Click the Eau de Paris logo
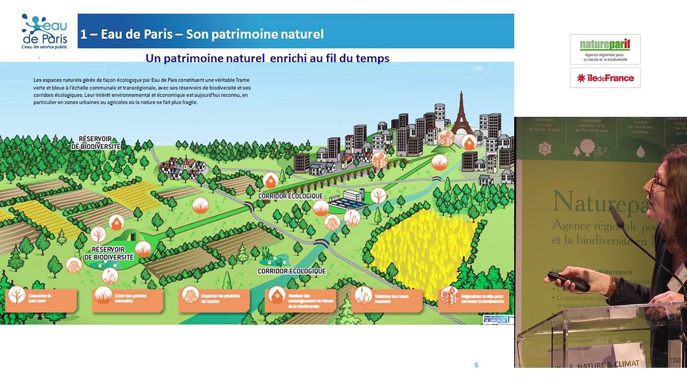pos(44,31)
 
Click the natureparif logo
pos(605,49)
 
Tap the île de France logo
pos(605,78)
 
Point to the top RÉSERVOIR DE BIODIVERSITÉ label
pos(96,143)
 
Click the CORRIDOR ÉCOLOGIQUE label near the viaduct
pos(290,196)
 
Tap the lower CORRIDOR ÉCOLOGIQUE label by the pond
pos(291,271)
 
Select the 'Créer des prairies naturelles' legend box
pos(127,299)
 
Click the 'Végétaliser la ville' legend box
pos(473,299)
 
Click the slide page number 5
pos(476,365)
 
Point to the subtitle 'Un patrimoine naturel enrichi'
pos(267,58)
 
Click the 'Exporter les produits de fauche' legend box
pos(214,299)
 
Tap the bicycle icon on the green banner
pos(602,152)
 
